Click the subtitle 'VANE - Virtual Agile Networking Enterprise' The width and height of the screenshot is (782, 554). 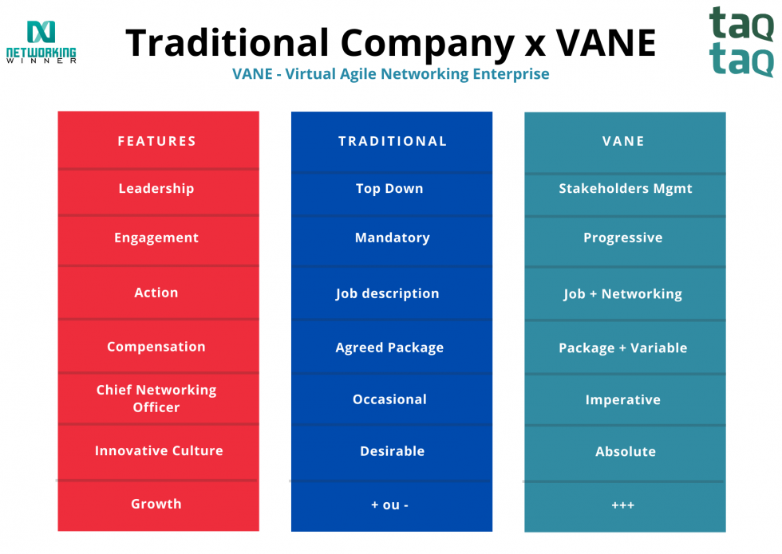391,74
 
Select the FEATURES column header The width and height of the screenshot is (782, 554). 157,141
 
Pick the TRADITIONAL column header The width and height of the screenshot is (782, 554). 393,141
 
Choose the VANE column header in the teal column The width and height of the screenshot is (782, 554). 623,141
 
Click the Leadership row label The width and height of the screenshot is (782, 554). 156,189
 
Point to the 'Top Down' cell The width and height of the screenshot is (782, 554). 389,189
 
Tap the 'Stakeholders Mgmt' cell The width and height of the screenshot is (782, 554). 626,189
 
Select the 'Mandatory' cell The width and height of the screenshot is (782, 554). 392,238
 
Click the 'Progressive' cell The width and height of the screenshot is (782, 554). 623,238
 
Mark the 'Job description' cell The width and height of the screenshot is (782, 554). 388,293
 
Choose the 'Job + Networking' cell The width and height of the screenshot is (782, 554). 623,293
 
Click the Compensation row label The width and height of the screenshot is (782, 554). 156,347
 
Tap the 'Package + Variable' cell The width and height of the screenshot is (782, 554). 623,348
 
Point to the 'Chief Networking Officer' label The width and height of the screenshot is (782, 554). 156,399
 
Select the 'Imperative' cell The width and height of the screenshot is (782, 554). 623,399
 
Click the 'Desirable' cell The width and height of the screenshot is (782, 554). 392,451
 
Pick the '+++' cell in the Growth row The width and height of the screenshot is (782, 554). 623,505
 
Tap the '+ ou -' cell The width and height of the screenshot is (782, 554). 390,505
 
